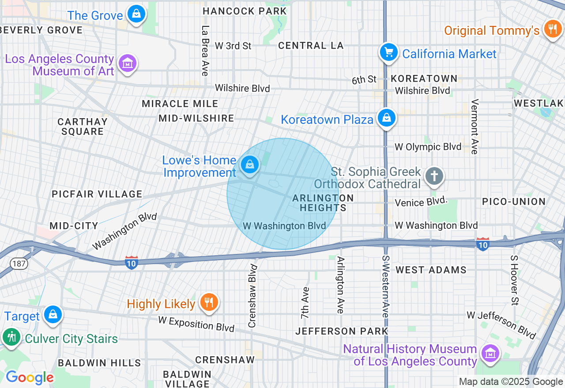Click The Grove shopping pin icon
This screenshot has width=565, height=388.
click(136, 14)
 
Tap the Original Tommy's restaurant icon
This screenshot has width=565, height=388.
click(552, 29)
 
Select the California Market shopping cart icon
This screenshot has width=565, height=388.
click(388, 52)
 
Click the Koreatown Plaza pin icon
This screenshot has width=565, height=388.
click(387, 118)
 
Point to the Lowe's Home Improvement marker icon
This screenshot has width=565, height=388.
click(250, 165)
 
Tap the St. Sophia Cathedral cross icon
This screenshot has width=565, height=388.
click(434, 176)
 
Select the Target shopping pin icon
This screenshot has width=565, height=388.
click(53, 314)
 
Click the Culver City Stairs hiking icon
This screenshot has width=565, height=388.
click(11, 337)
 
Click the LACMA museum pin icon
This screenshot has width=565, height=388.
click(128, 63)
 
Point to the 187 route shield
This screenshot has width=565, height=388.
click(20, 264)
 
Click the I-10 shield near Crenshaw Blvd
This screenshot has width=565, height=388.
click(132, 262)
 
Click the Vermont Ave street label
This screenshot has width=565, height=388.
click(475, 127)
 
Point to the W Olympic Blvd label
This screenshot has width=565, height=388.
click(428, 147)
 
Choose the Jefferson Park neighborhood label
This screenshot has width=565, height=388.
click(342, 331)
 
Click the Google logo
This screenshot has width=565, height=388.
click(30, 377)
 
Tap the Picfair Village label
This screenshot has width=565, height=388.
click(97, 194)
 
